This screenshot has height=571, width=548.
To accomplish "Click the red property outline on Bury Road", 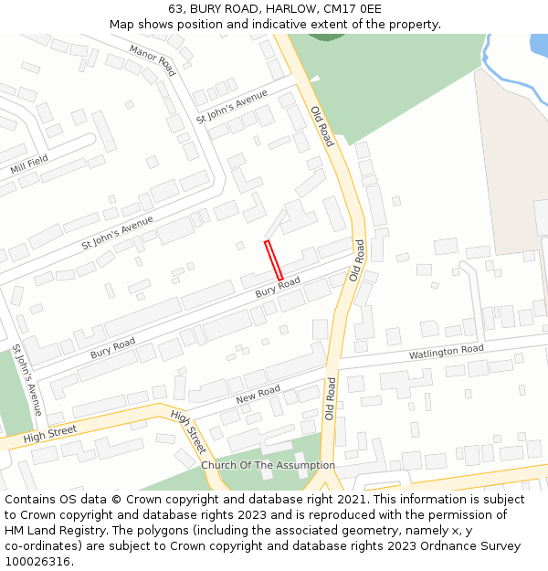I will point(273,260).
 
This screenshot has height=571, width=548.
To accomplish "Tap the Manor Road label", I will point(152,59).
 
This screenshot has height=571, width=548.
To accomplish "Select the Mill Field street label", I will point(29,164).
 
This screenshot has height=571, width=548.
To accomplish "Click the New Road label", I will point(258,394).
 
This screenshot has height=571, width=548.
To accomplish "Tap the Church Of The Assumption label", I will point(268,465).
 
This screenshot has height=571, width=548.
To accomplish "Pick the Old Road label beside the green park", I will point(322,126).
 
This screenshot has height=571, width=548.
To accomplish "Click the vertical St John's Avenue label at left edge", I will point(27,380).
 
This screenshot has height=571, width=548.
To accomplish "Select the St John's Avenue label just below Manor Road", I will point(232,107).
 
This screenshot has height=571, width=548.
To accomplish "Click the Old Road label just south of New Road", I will point(331,398).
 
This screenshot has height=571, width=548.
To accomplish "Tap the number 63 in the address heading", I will point(175,8).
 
